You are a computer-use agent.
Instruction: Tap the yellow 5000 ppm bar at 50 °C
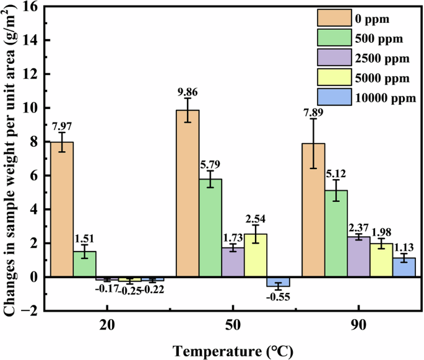click(x=256, y=255)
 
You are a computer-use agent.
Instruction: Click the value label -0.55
click(x=279, y=297)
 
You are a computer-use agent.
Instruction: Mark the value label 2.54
click(x=256, y=220)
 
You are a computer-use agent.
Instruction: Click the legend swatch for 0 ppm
click(x=334, y=16)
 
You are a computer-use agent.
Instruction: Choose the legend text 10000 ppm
click(x=386, y=97)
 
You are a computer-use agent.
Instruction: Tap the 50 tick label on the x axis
click(x=233, y=328)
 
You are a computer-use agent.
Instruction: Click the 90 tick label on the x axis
click(x=359, y=328)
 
